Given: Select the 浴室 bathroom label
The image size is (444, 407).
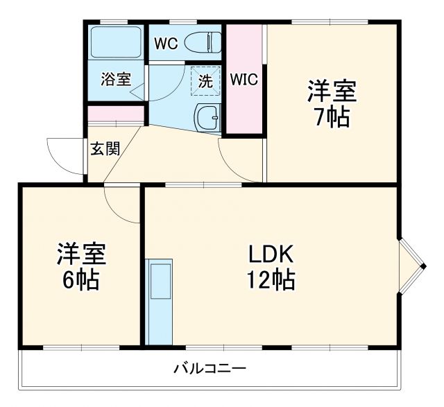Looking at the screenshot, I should pyautogui.click(x=115, y=79).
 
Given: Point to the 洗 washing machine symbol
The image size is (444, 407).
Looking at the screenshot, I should pyautogui.click(x=205, y=80).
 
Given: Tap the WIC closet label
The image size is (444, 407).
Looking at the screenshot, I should pyautogui.click(x=244, y=80).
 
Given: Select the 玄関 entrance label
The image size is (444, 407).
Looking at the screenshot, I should pyautogui.click(x=104, y=148).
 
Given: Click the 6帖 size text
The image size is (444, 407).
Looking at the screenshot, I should pyautogui.click(x=80, y=279).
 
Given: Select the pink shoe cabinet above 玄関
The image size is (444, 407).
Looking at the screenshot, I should pyautogui.click(x=115, y=114).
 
